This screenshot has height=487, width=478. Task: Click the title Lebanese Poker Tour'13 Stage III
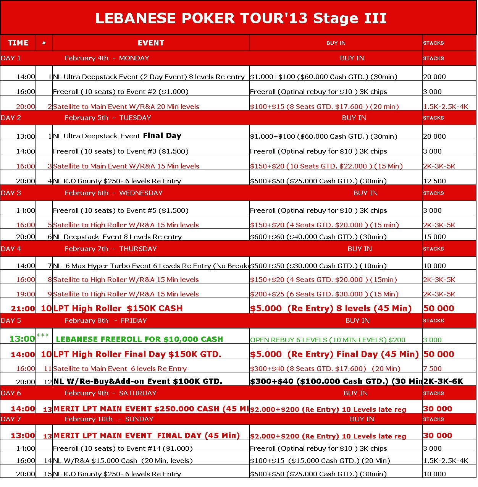(241, 18)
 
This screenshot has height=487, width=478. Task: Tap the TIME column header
(18, 43)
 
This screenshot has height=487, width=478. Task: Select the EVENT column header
(151, 43)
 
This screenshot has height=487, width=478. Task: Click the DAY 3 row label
(11, 193)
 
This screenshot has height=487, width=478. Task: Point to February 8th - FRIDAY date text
(106, 320)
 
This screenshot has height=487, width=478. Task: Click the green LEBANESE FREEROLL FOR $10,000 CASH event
(139, 339)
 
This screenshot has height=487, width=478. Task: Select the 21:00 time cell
(23, 308)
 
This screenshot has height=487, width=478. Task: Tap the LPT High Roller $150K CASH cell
(118, 308)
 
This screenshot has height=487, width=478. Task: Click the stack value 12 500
(434, 181)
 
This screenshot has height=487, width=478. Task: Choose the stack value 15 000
(434, 237)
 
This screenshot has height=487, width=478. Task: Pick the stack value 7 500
(432, 369)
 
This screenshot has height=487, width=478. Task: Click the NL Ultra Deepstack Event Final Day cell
(117, 136)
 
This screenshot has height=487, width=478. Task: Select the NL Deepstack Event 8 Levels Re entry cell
(117, 237)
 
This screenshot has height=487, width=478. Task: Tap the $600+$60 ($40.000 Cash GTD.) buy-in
(318, 237)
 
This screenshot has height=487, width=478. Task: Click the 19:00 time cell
(26, 294)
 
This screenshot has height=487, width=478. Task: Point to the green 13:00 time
(22, 339)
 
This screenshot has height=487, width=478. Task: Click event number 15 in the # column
(48, 474)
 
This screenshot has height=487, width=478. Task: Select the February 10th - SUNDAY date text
(109, 419)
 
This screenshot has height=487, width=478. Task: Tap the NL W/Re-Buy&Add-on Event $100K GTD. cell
(138, 381)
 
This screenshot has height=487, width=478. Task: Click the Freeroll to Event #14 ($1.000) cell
(123, 448)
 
